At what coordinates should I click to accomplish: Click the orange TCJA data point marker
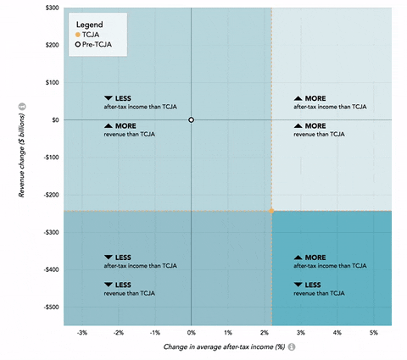pos(271,210)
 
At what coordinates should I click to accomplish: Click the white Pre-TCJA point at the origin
pos(192,120)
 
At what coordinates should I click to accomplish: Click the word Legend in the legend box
pos(90,25)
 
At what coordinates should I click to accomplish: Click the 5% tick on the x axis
pos(373,333)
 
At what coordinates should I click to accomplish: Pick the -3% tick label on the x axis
pos(82,333)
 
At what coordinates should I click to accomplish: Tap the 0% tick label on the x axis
pos(192,333)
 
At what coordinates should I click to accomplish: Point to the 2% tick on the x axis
pos(265,333)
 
